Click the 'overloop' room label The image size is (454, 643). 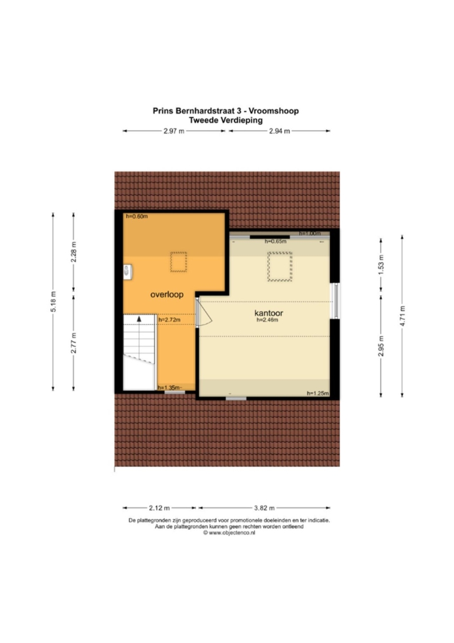167,295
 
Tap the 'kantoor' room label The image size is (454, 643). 268,313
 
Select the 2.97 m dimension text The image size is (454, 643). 174,131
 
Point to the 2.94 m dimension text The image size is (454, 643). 279,131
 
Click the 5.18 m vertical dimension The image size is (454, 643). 54,302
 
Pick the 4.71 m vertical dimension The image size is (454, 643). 402,316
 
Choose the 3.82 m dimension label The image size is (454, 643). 264,508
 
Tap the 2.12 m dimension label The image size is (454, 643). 159,508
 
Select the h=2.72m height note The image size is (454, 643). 169,320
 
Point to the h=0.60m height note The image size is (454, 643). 137,217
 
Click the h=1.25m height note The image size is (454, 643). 318,393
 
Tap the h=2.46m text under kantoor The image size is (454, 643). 267,320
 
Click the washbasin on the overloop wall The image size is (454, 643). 127,271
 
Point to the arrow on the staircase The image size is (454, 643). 139,318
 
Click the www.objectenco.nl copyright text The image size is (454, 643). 229,533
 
